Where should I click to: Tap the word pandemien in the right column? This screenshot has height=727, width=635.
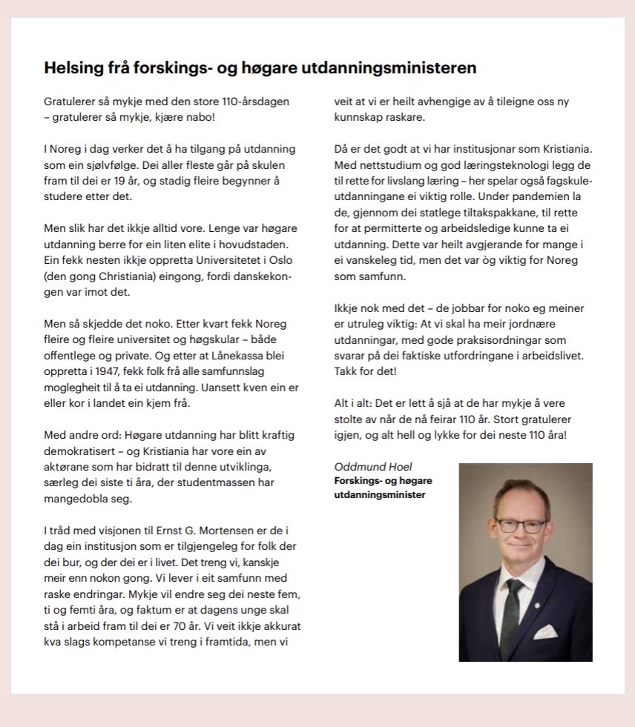[x=527, y=196]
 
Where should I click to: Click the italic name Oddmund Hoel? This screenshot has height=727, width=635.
[x=373, y=467]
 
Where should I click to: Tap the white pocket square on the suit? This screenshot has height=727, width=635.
[x=544, y=631]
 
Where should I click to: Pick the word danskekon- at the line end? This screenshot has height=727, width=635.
[x=263, y=277]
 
